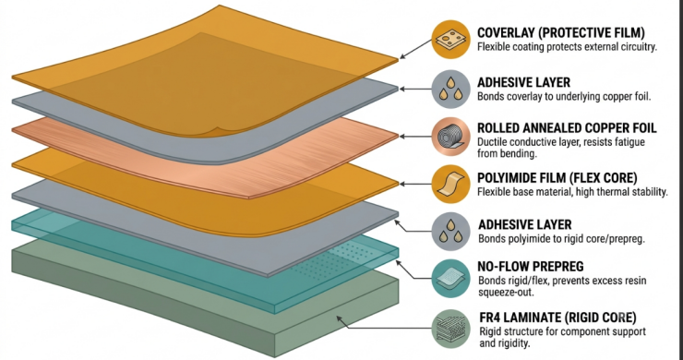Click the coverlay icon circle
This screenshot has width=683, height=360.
click(450, 39)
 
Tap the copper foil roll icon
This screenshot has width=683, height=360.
click(450, 137)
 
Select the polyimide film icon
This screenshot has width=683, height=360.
click(450, 184)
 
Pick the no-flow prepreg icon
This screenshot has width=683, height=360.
click(450, 279)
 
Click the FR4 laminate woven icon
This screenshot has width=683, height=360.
click(450, 329)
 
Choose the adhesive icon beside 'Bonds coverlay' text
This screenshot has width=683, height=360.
click(450, 89)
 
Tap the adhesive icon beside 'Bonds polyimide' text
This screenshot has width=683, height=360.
click(450, 231)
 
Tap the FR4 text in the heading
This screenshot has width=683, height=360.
click(491, 318)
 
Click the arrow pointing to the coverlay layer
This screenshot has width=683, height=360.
click(415, 49)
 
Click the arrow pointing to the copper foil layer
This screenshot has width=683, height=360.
click(415, 137)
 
